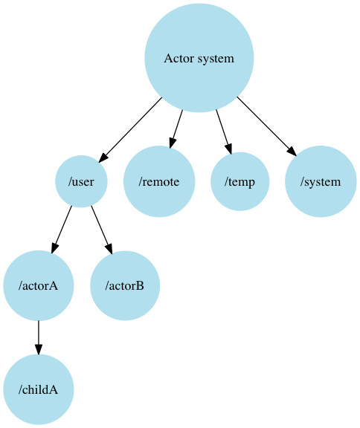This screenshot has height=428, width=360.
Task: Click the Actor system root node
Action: tap(199, 58)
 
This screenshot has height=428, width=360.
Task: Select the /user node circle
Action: tap(81, 181)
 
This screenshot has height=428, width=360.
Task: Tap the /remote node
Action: tap(159, 181)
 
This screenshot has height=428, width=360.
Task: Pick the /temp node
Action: tap(240, 181)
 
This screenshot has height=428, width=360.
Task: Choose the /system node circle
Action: tap(321, 181)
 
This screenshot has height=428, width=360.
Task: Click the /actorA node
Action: tap(39, 285)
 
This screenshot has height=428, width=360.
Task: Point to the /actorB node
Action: tap(125, 285)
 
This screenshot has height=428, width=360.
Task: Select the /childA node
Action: tap(39, 389)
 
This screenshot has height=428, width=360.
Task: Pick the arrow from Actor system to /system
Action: tap(266, 126)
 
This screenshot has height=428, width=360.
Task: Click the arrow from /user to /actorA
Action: tap(62, 230)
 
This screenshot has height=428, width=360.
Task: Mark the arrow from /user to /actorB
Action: tap(101, 230)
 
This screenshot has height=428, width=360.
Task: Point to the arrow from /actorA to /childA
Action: tap(39, 337)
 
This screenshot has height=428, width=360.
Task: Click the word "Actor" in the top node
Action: tap(177, 58)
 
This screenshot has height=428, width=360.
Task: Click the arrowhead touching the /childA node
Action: tap(39, 348)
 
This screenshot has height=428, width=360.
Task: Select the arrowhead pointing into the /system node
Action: tap(292, 151)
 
